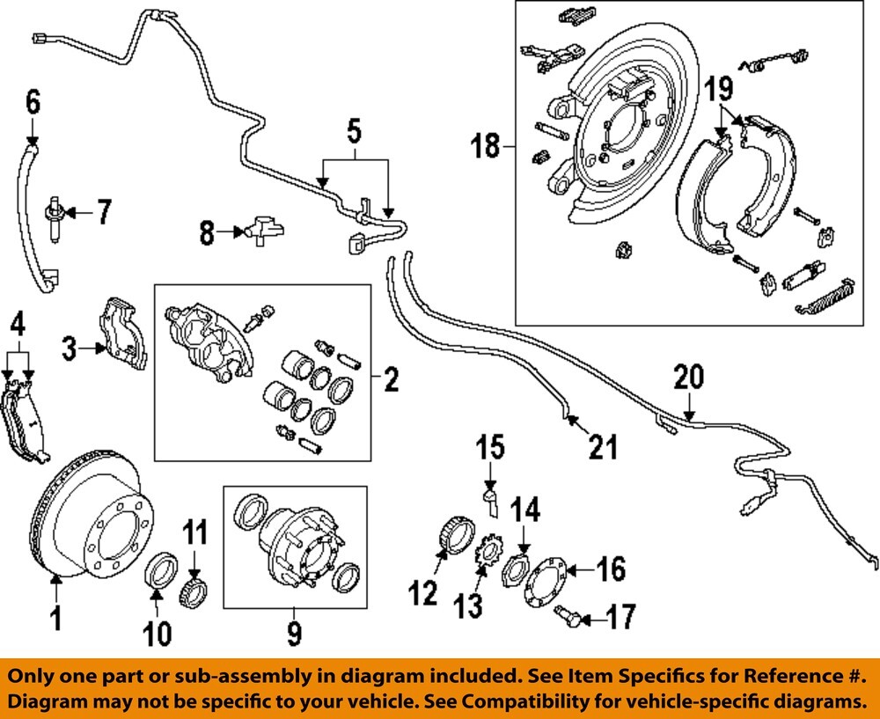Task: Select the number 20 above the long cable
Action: (689, 378)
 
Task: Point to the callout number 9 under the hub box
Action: (294, 631)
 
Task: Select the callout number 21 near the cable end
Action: (603, 448)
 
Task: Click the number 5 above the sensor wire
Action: (354, 133)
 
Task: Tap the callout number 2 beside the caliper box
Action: (391, 380)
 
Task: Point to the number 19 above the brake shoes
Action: (718, 88)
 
